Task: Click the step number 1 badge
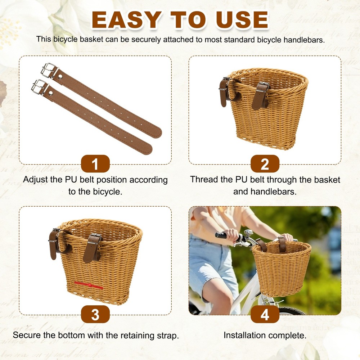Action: [95, 164]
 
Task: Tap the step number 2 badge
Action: [265, 164]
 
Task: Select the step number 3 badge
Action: [95, 314]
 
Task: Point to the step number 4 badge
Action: [265, 314]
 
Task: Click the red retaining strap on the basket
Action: [89, 285]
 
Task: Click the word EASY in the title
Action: [127, 20]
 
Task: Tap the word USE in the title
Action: [242, 20]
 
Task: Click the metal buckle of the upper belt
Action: [49, 70]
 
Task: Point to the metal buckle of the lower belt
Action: [39, 86]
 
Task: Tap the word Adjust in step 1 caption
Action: [35, 180]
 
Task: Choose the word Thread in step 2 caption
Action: [204, 179]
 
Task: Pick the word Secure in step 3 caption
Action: [27, 335]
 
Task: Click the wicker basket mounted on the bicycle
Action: [282, 268]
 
